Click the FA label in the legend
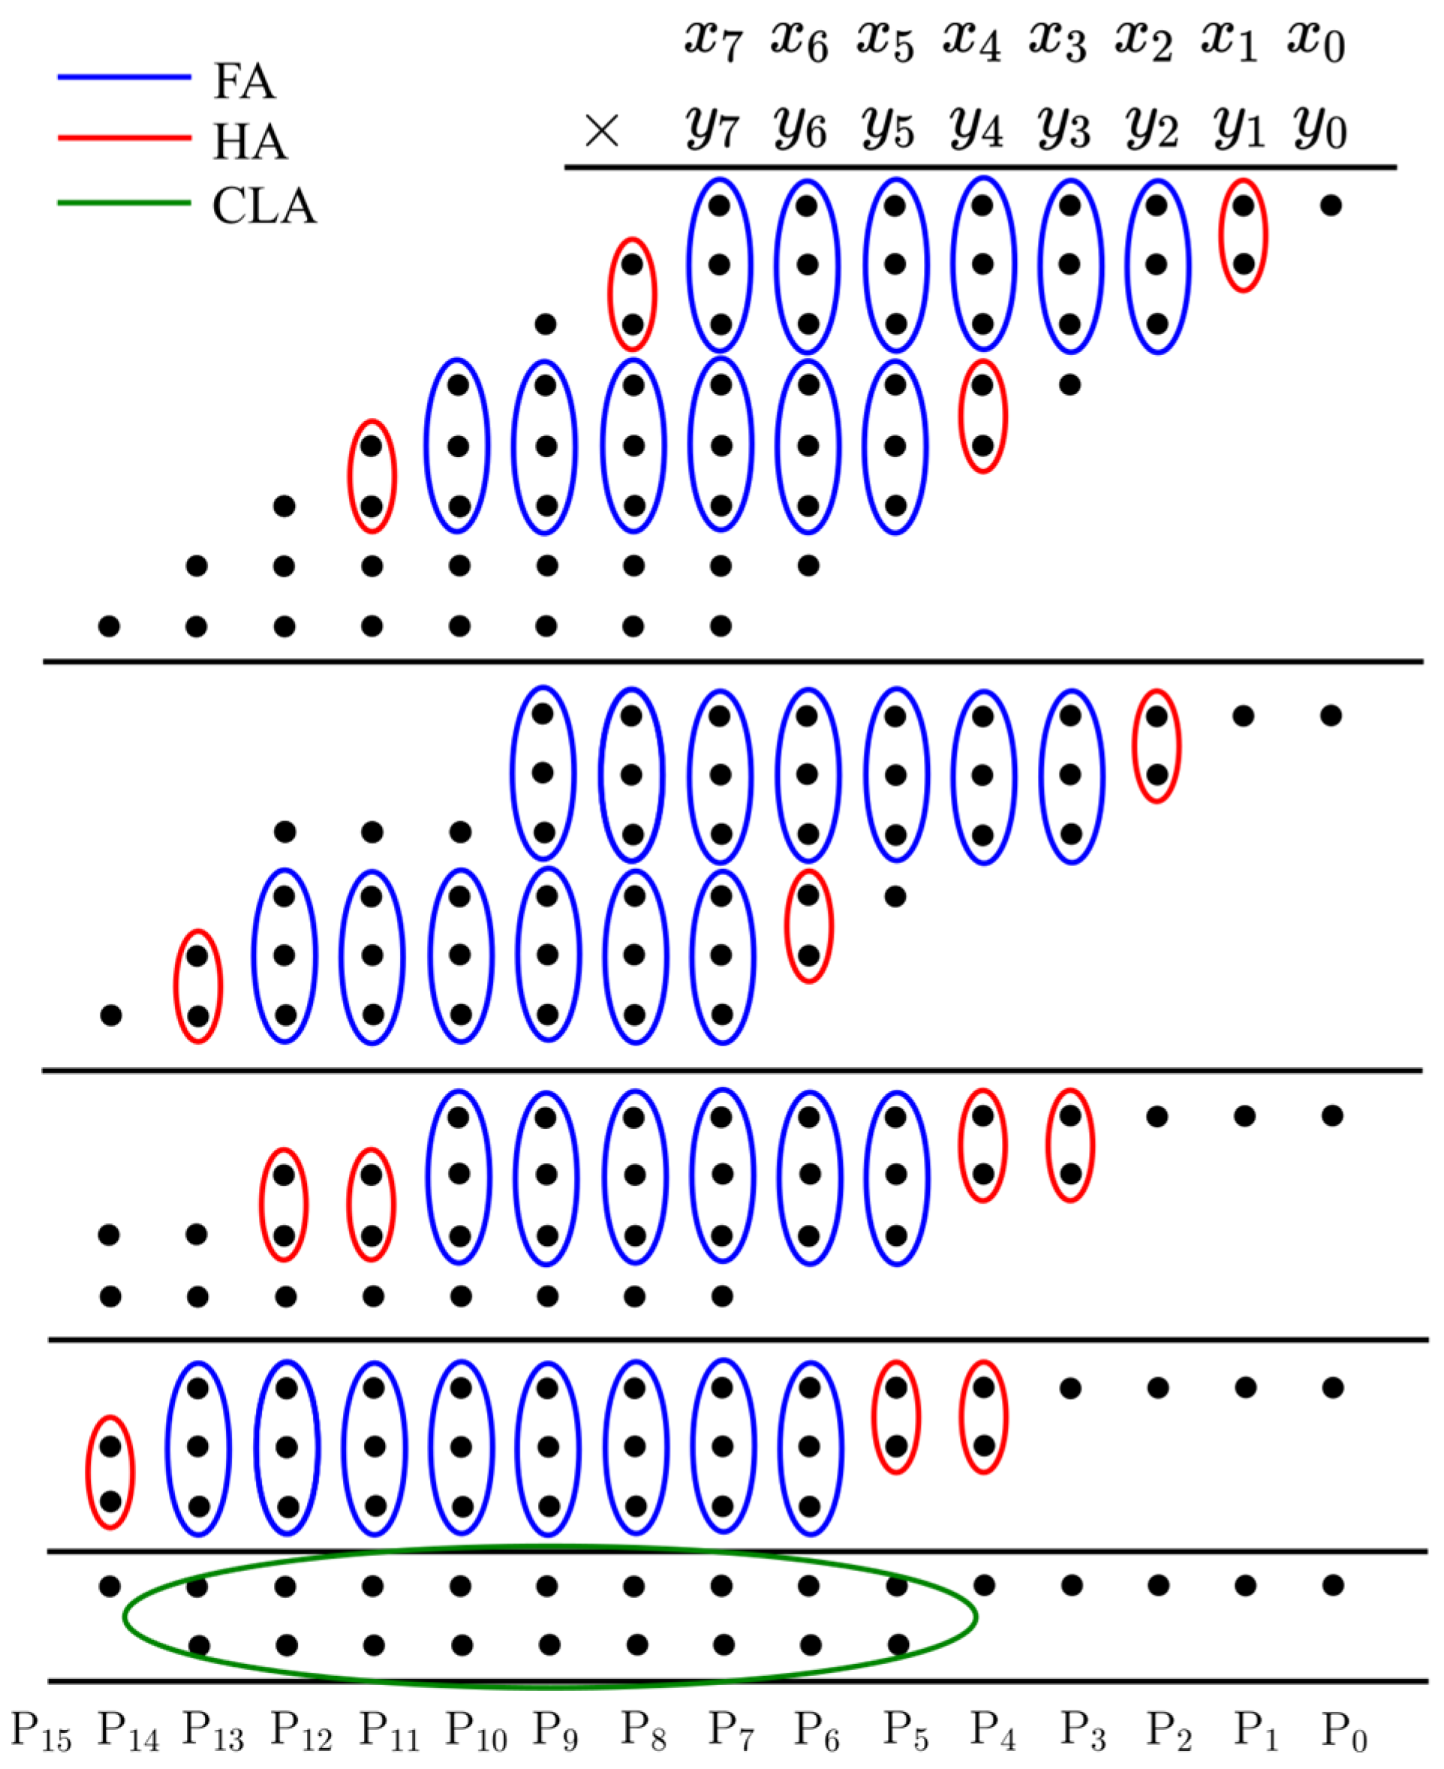point(243,82)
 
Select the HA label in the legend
point(249,142)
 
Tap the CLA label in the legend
point(264,206)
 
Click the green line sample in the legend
point(124,203)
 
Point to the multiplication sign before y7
point(601,131)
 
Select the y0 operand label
point(1319,131)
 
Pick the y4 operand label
point(975,131)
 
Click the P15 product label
point(41,1731)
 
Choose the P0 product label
point(1344,1731)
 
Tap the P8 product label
point(642,1731)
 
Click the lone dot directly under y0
point(1331,206)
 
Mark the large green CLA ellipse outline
point(549,1548)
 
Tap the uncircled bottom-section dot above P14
point(110,1586)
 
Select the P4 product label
point(991,1731)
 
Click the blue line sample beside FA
point(124,77)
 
